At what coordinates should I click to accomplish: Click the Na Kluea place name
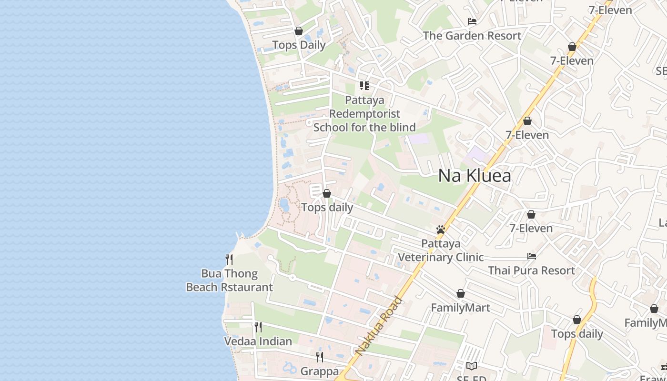(475, 176)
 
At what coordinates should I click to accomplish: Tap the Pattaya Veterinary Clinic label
(441, 251)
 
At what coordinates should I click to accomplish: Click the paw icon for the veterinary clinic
(441, 230)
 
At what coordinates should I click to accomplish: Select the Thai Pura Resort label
(531, 271)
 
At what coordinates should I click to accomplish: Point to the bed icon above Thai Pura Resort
(532, 256)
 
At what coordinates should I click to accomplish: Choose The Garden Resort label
(472, 36)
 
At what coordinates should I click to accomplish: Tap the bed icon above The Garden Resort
(472, 21)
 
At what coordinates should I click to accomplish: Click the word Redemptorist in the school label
(364, 114)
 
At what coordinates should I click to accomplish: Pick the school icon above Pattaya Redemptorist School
(364, 86)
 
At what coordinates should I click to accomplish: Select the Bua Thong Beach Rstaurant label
(229, 281)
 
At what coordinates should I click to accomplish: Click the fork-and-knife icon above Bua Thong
(229, 260)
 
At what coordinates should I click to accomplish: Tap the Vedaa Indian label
(258, 341)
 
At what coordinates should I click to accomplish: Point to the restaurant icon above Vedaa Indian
(258, 327)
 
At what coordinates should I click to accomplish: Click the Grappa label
(320, 371)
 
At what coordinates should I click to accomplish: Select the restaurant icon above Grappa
(320, 357)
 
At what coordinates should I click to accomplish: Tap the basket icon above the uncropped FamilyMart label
(461, 293)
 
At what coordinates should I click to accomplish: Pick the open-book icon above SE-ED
(472, 366)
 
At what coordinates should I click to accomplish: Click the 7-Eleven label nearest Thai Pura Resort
(531, 228)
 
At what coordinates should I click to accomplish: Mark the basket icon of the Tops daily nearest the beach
(327, 193)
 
